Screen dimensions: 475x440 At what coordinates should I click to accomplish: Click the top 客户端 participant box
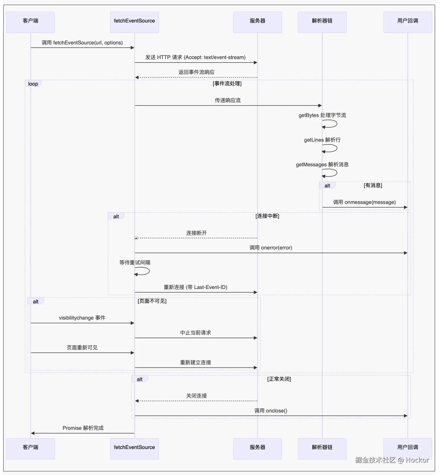[x=31, y=22]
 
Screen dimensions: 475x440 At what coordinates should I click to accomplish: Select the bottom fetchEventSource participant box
[x=134, y=448]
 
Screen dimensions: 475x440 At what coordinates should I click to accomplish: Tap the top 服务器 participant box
[x=257, y=22]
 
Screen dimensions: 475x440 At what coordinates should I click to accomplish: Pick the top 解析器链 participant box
[x=322, y=22]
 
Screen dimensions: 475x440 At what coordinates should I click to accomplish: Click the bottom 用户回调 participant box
[x=408, y=448]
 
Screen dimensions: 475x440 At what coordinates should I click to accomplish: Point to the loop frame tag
[x=33, y=84]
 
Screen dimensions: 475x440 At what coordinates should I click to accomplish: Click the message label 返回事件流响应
[x=196, y=72]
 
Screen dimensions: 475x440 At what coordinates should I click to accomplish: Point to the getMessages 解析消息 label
[x=322, y=164]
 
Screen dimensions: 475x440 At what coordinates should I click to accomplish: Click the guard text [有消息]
[x=373, y=185]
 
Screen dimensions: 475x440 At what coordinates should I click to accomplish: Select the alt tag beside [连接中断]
[x=116, y=216]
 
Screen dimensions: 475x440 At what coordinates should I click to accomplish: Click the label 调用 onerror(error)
[x=271, y=248]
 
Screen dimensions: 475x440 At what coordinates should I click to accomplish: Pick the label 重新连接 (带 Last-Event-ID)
[x=195, y=287]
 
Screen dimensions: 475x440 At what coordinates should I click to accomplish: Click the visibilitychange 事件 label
[x=82, y=318]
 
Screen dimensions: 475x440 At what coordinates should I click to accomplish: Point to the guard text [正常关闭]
[x=279, y=379]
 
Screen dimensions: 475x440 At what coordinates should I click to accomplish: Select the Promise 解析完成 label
[x=83, y=428]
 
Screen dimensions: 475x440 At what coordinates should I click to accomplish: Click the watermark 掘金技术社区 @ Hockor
[x=392, y=460]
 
